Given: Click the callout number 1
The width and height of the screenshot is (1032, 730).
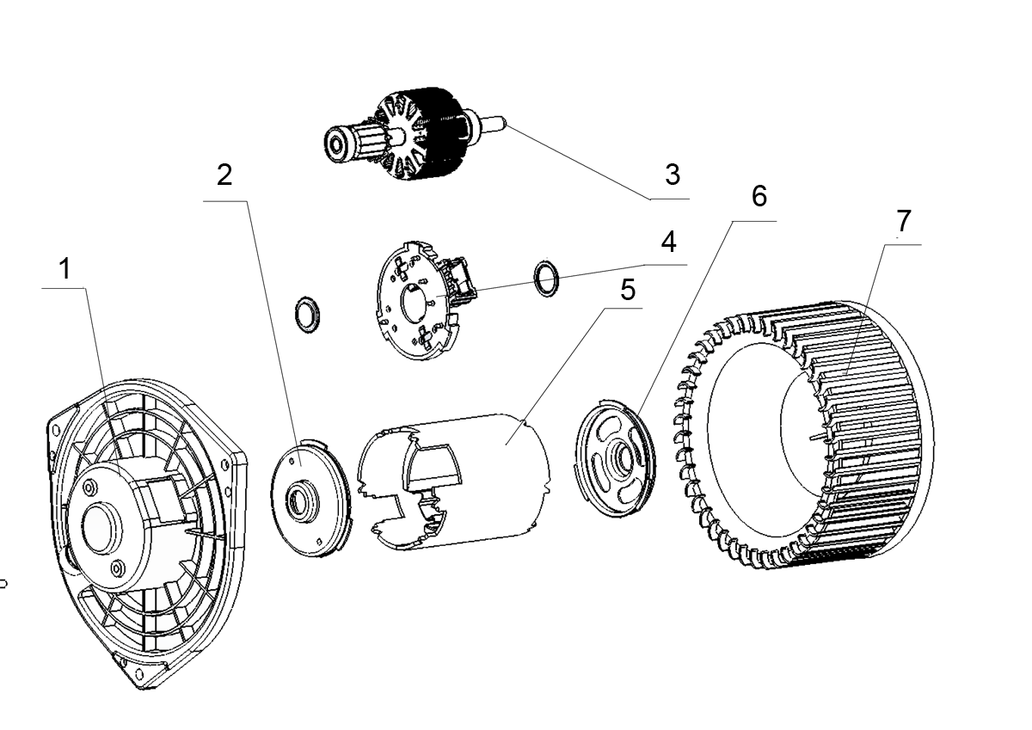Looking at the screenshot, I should coord(64,270).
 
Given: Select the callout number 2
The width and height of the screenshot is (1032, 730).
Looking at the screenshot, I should coord(224,175).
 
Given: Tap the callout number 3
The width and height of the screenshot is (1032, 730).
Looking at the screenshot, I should coord(672,175).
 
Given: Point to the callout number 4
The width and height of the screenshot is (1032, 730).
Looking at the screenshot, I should coord(668,241).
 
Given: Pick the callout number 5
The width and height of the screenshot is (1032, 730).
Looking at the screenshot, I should coord(628,290).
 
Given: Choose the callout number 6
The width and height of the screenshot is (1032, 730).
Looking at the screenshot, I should coord(758,196).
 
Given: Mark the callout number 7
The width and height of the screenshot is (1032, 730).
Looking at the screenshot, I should coord(902,221).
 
